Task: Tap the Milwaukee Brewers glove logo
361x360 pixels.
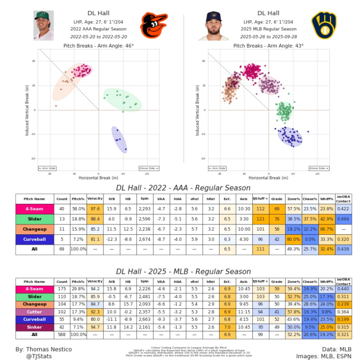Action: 324,25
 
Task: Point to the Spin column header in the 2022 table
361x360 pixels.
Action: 144,199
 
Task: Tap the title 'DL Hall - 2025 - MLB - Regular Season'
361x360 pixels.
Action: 183,272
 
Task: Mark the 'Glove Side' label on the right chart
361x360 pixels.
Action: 318,168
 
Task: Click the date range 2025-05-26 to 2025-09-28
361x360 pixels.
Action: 268,36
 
